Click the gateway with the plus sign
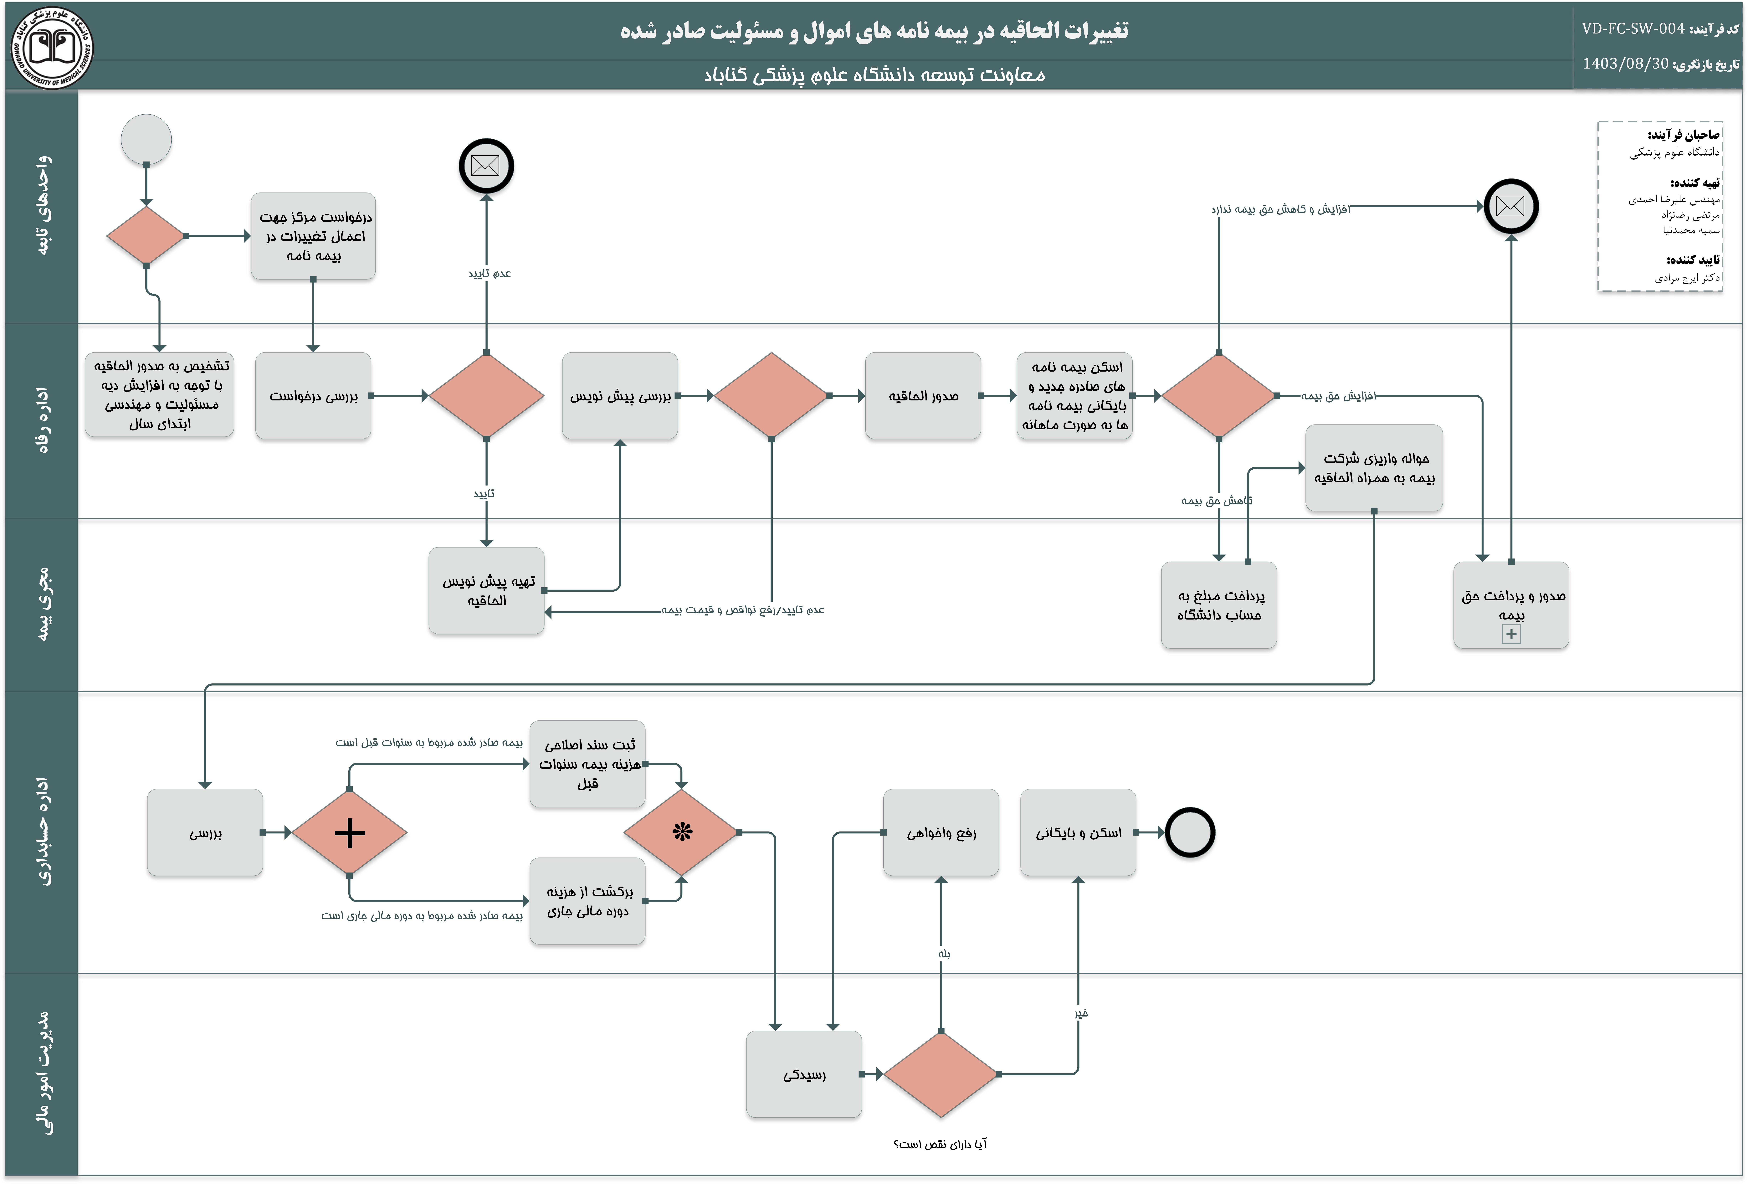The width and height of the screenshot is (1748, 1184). tap(349, 833)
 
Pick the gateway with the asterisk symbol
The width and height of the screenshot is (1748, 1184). tap(681, 832)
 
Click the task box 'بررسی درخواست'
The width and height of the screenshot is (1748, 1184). tap(313, 396)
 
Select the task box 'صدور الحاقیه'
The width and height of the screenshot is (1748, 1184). tap(923, 396)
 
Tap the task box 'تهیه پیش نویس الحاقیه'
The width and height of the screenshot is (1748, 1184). tap(487, 590)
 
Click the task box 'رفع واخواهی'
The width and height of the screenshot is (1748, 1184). tap(941, 833)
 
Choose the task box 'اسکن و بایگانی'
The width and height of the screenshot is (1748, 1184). tap(1078, 833)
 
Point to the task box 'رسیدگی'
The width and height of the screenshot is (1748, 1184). tap(804, 1074)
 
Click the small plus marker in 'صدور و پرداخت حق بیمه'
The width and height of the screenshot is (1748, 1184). tap(1511, 634)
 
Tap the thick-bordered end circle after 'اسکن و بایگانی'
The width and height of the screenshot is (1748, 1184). tap(1190, 833)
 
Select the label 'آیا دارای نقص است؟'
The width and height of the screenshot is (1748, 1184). tap(940, 1144)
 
